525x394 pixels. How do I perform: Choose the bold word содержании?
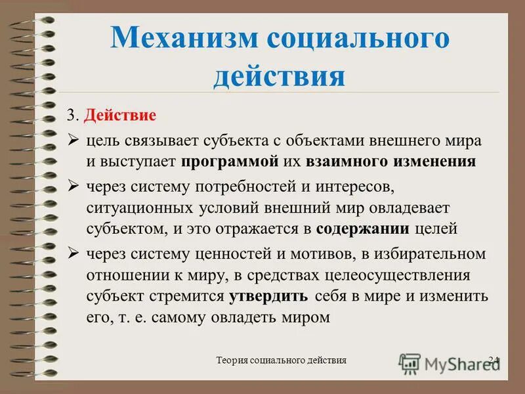click(x=363, y=229)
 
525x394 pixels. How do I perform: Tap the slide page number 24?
click(x=493, y=360)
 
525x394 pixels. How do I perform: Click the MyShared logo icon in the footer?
click(x=410, y=362)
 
